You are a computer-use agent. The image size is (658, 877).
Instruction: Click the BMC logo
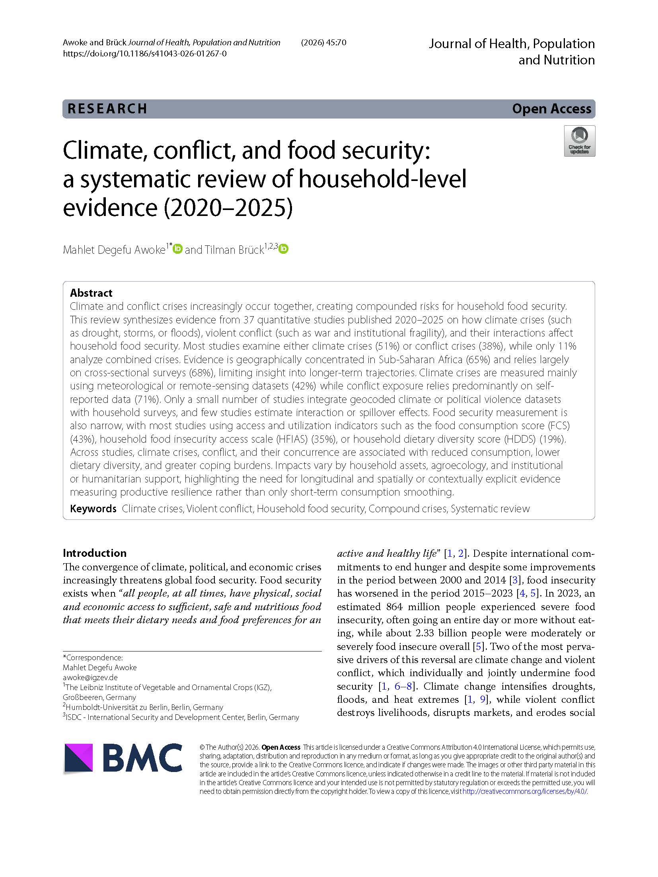pos(123,758)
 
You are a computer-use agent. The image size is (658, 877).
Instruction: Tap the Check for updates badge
pos(579,141)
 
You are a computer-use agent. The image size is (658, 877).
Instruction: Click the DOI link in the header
pos(145,54)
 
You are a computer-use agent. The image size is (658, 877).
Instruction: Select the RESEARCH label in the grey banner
pos(107,109)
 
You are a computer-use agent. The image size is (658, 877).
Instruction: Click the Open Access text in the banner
pos(551,109)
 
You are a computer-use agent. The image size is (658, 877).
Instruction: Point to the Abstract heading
pos(91,293)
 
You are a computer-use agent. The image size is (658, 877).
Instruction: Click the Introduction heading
pos(95,553)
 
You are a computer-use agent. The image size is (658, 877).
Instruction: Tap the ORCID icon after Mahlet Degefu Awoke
pos(178,249)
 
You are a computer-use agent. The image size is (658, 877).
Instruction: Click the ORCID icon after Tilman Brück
pos(283,249)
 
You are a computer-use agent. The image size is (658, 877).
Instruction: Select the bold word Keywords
pos(93,509)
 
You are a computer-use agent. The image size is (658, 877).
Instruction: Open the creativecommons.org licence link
pos(525,791)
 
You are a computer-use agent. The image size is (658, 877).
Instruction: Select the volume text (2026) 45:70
pos(323,43)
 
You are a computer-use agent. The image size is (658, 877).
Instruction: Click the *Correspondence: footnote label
pos(93,657)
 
